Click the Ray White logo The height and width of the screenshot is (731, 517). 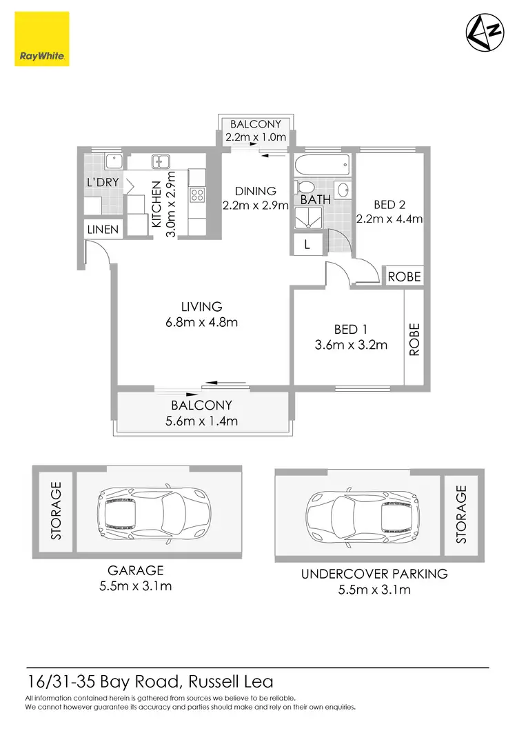pos(41,39)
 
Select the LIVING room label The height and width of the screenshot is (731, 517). pos(201,307)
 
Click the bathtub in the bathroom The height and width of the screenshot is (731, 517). pos(322,166)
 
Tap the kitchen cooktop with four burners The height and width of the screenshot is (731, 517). pos(197,195)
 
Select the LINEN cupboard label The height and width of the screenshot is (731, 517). pos(102,230)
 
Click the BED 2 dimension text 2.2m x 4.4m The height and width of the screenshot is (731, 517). pos(389,219)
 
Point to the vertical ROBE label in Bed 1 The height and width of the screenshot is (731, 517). pos(414,339)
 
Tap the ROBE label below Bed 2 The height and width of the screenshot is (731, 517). pos(403,277)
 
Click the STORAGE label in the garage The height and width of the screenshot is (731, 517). pos(56,511)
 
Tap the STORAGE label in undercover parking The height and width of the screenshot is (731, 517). pos(461,514)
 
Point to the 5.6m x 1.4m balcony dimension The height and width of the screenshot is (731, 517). pos(201,421)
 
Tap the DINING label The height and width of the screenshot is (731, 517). pos(255,191)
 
